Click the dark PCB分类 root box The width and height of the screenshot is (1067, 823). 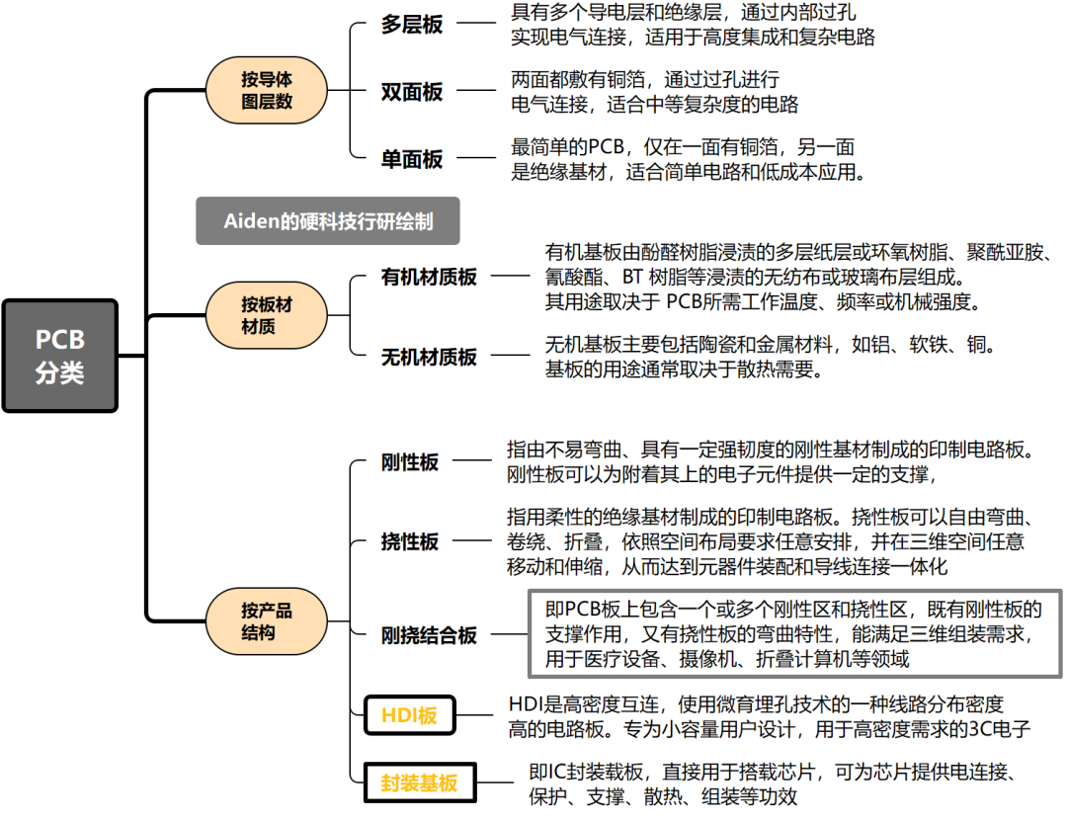tap(60, 356)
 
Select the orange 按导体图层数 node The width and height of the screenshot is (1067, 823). tap(267, 89)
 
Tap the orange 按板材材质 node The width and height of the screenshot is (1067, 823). tap(267, 314)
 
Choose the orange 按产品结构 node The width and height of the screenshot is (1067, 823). tap(267, 621)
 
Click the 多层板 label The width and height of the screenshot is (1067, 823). tap(412, 25)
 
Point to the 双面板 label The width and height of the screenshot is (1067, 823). tap(412, 92)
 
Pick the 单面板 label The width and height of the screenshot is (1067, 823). tap(412, 158)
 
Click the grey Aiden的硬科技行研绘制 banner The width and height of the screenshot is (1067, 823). tap(328, 220)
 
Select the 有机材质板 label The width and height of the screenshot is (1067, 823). tap(429, 277)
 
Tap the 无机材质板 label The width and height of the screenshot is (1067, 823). tap(429, 356)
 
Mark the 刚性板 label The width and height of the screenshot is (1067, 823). tap(410, 461)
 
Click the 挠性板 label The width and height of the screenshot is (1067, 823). tap(410, 541)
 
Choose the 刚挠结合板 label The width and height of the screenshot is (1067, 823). tap(429, 635)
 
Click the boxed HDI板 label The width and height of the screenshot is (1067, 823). tap(410, 714)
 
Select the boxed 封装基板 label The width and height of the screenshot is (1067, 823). tap(420, 783)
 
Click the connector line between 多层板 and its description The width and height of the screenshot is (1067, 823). tap(478, 25)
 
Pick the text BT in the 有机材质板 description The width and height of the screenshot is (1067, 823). tap(634, 278)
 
